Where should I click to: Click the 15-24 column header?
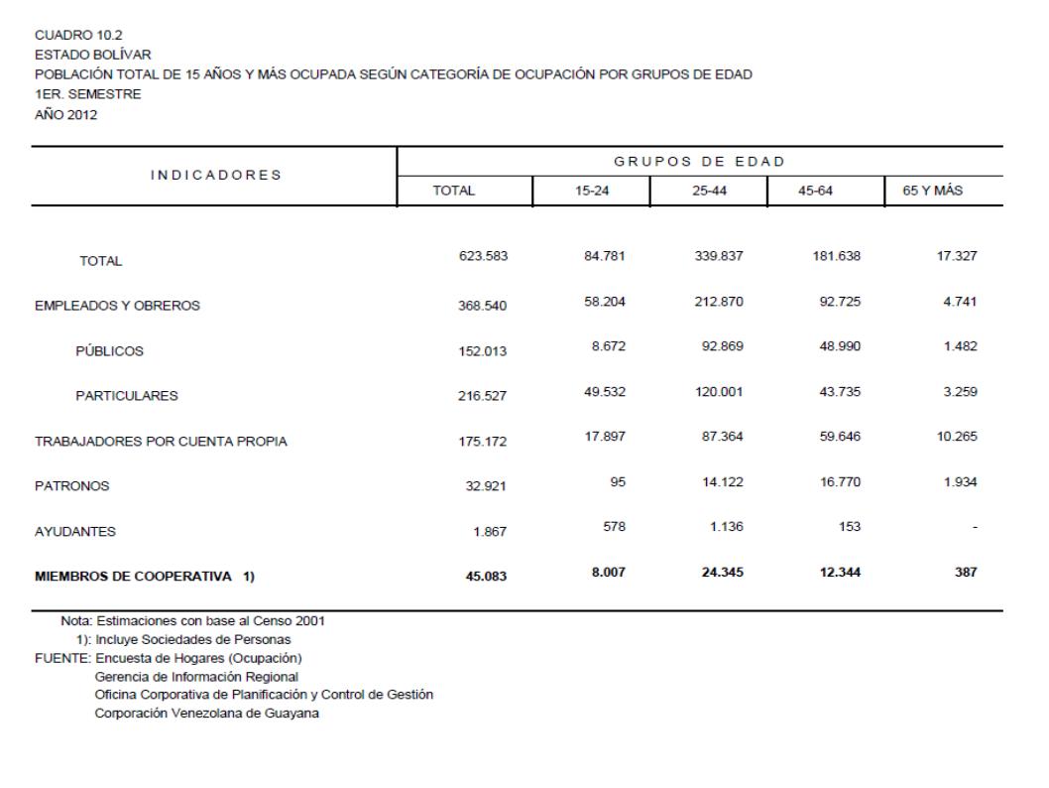click(x=591, y=190)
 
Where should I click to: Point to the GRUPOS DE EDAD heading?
click(x=700, y=161)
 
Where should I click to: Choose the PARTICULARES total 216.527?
click(x=480, y=396)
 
